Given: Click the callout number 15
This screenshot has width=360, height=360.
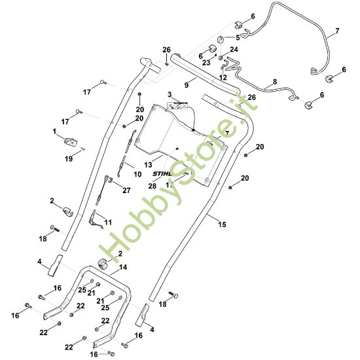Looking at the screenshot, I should (222, 225).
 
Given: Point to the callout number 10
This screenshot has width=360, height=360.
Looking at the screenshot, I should (137, 174).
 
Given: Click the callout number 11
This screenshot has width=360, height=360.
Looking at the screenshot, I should (108, 223).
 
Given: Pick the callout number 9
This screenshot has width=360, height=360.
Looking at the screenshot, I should (187, 84).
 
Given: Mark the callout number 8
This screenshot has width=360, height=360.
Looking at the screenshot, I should (274, 82).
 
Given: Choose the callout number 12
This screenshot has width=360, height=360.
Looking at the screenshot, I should (223, 77).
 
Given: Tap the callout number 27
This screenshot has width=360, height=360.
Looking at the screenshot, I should (126, 190).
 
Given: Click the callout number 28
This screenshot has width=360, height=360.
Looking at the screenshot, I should (153, 186).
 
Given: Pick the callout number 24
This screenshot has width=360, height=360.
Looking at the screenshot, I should (234, 50).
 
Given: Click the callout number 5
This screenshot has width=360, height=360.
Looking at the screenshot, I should (238, 37).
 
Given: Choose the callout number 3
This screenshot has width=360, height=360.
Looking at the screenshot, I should (169, 96).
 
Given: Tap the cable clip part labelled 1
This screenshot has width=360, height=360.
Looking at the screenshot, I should (70, 140).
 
